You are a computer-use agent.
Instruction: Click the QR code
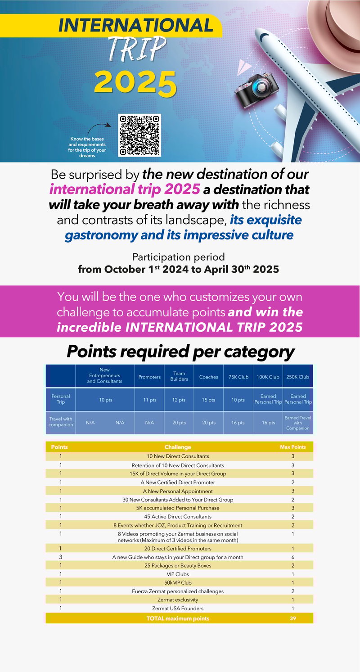click(x=139, y=135)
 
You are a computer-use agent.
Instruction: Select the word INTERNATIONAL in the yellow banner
click(x=135, y=26)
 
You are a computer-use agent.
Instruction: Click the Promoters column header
click(x=149, y=377)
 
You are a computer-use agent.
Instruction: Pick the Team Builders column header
click(x=179, y=377)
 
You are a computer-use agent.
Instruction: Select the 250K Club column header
click(x=297, y=377)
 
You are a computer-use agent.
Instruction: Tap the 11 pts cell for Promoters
click(x=149, y=400)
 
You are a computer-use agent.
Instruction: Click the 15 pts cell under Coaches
click(x=208, y=400)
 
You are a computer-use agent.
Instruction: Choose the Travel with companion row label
click(x=61, y=422)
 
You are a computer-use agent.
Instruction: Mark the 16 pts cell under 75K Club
click(x=238, y=423)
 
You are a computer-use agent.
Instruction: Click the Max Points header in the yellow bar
click(x=293, y=447)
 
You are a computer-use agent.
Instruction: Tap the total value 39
click(x=293, y=618)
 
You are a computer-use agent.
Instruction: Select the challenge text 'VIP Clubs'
click(x=178, y=574)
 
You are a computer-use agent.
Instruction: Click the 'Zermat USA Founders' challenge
click(x=178, y=609)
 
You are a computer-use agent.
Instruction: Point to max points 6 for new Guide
click(x=293, y=557)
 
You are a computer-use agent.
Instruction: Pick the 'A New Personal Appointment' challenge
click(x=178, y=491)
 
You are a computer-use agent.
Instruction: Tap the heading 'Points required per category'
click(x=180, y=352)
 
